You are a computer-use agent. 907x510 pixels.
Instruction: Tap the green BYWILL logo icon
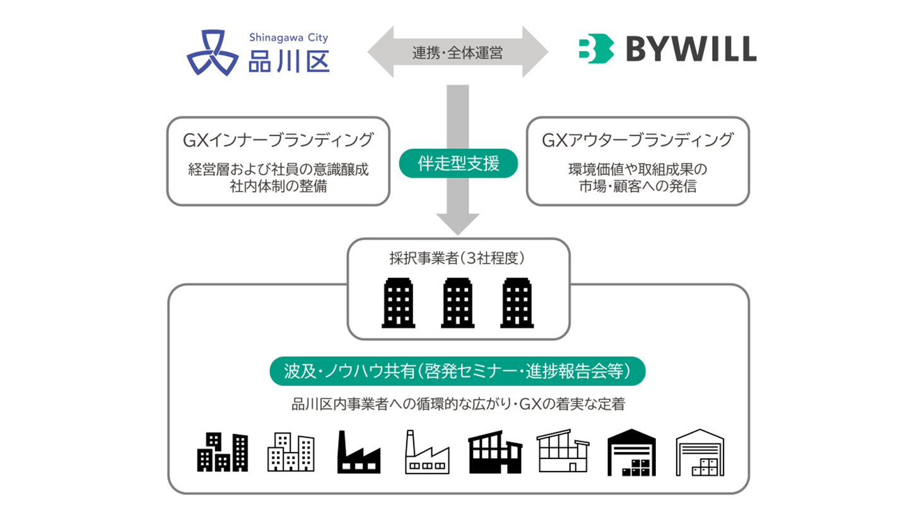[596, 49]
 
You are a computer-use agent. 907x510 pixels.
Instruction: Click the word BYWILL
[691, 49]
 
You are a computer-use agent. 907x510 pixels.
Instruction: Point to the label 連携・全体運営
[459, 53]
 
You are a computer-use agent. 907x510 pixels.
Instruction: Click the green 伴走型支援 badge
[459, 165]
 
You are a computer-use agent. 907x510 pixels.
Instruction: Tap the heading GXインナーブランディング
[277, 140]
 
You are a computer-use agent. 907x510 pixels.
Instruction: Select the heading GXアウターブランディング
[637, 140]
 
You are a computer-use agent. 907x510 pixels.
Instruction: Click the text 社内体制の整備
[278, 187]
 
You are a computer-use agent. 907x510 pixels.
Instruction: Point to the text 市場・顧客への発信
[637, 187]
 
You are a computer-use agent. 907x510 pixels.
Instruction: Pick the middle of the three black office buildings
[459, 303]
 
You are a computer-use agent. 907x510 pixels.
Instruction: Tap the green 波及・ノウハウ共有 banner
[458, 372]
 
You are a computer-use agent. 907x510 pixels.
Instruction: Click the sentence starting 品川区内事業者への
[458, 404]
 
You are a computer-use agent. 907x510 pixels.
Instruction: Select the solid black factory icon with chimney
[359, 452]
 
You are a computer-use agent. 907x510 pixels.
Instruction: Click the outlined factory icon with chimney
[427, 452]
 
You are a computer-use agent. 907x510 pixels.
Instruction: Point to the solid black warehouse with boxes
[631, 453]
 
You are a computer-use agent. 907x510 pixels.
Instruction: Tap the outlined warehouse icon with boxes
[698, 453]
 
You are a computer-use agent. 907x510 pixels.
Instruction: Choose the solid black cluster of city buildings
[222, 452]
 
